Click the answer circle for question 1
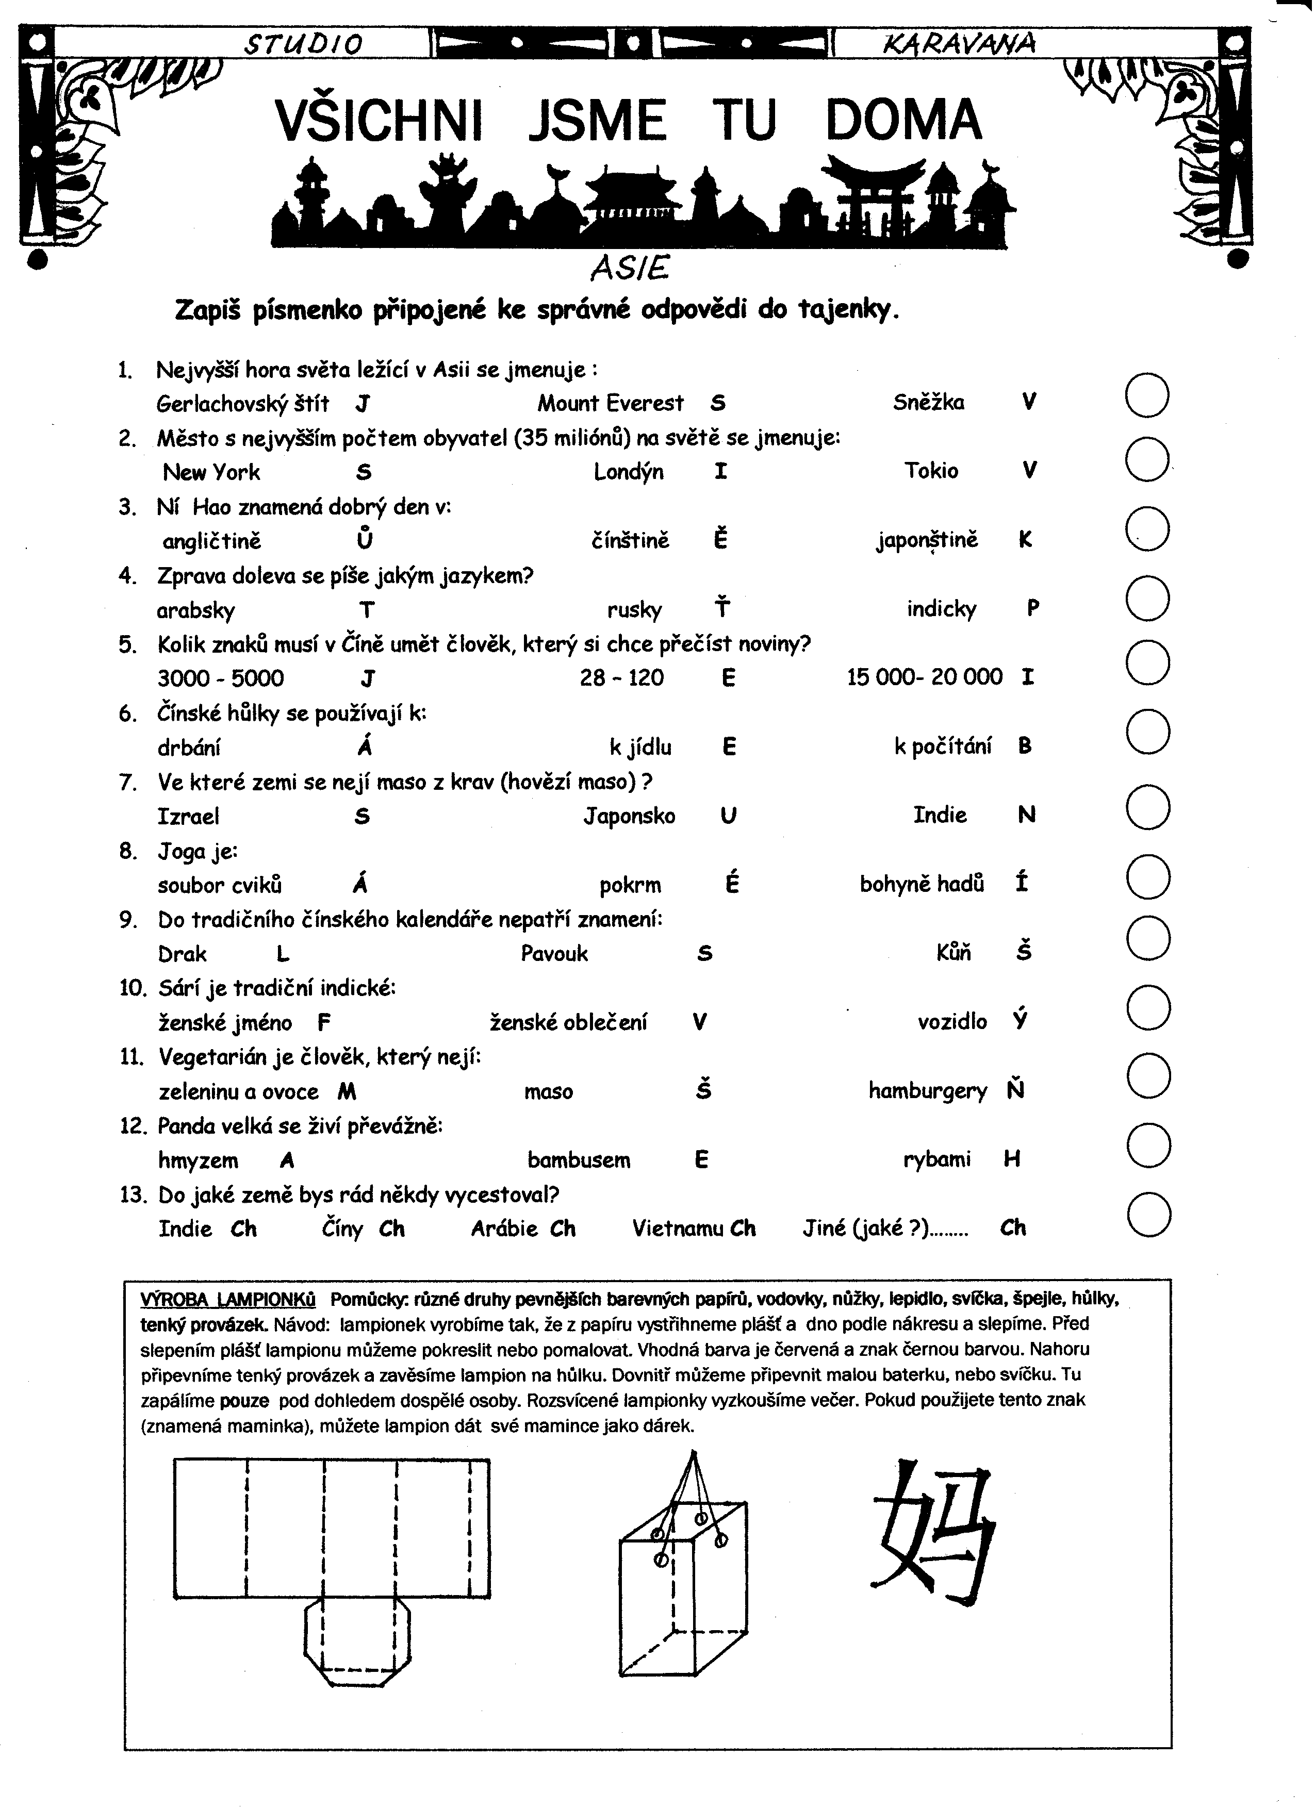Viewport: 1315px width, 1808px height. point(1147,396)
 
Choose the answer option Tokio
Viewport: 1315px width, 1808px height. point(931,470)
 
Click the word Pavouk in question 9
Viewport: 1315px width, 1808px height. point(554,953)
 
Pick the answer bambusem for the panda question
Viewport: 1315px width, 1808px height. point(579,1160)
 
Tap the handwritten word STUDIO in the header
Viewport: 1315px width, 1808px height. point(303,44)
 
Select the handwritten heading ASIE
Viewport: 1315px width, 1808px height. point(629,269)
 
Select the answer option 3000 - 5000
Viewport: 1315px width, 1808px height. point(221,678)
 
